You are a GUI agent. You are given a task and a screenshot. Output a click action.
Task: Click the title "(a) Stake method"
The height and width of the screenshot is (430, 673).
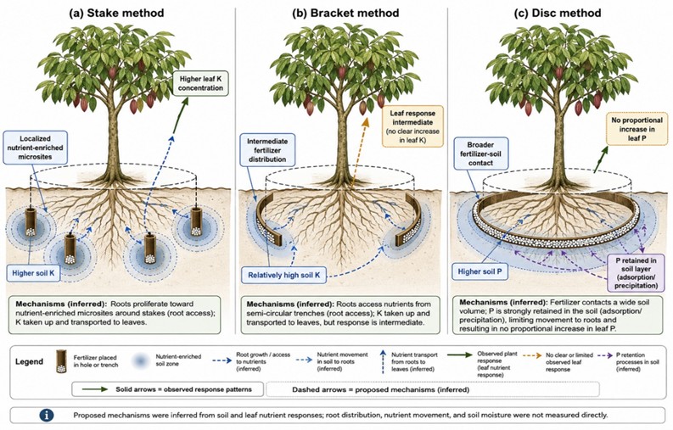(117, 13)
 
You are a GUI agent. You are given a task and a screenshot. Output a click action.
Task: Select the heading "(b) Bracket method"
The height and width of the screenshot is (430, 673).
(345, 13)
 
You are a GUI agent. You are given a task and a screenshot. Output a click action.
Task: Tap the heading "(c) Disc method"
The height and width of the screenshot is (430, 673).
(558, 13)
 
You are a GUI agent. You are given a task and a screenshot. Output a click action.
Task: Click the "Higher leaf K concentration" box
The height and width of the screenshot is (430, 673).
(200, 83)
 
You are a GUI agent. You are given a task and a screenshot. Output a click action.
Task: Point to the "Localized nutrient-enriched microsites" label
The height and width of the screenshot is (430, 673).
(35, 148)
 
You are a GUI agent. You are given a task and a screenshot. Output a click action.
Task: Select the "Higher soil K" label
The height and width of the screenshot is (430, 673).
(33, 273)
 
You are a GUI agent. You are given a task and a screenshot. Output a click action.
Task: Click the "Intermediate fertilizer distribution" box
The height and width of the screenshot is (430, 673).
(266, 150)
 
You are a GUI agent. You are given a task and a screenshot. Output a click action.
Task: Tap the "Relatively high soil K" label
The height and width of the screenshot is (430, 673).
(283, 275)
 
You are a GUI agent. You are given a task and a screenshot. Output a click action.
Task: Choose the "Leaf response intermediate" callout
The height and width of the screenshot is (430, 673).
(412, 126)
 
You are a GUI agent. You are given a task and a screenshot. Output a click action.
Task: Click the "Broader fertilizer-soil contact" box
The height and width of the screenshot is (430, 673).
(480, 154)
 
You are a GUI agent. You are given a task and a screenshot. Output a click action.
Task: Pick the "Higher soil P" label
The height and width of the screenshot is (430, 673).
(480, 271)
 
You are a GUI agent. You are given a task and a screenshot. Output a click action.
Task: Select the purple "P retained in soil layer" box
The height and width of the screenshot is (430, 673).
(637, 273)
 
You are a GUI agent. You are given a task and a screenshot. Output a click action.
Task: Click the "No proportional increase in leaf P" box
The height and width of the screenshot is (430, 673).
(637, 129)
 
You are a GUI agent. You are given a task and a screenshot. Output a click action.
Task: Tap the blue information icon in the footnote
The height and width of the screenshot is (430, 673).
(47, 415)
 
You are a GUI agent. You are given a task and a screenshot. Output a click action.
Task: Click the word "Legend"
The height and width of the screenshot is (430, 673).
(29, 361)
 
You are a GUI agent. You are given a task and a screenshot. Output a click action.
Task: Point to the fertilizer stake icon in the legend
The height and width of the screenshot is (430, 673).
(61, 361)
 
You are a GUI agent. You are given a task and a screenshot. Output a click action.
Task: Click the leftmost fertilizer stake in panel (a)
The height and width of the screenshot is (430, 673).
(30, 222)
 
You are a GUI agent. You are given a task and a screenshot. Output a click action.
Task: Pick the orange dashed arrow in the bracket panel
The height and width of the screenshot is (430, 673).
(359, 152)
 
